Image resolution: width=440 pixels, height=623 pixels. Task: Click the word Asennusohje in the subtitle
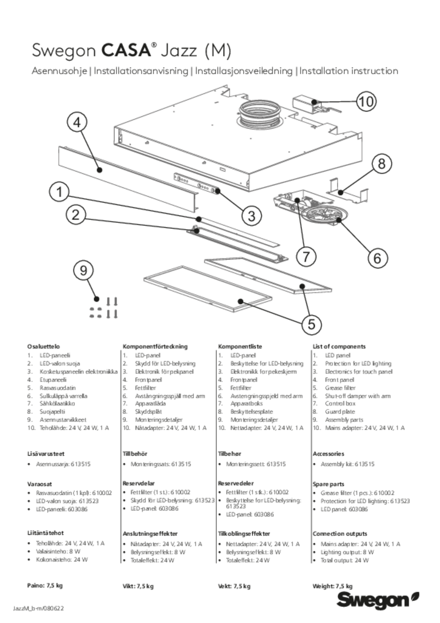pyautogui.click(x=60, y=72)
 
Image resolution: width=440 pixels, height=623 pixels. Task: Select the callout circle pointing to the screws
pyautogui.click(x=83, y=271)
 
